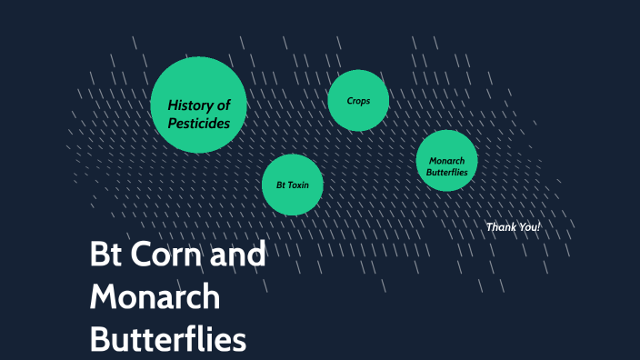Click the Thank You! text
pyautogui.click(x=513, y=226)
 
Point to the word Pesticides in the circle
pyautogui.click(x=199, y=123)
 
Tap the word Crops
pyautogui.click(x=358, y=100)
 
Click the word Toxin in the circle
pyautogui.click(x=298, y=185)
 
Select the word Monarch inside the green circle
pyautogui.click(x=446, y=161)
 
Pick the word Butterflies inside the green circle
pyautogui.click(x=446, y=172)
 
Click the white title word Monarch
pyautogui.click(x=155, y=297)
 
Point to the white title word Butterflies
pyautogui.click(x=168, y=340)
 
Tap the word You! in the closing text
pyautogui.click(x=528, y=226)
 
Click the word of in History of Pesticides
pyautogui.click(x=224, y=105)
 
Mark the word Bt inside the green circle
pyautogui.click(x=281, y=185)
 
